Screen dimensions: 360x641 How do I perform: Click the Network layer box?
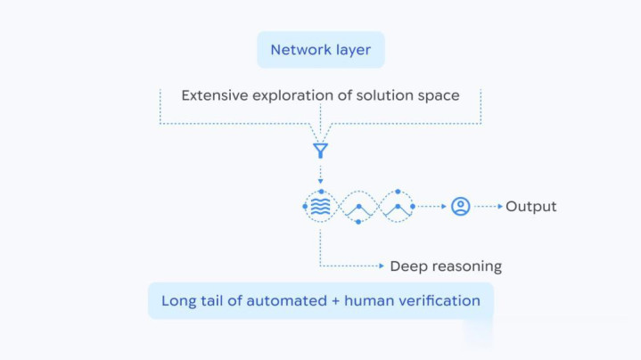[321, 50]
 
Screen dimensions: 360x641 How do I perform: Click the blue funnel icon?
[320, 151]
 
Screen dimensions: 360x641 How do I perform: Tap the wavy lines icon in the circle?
[320, 207]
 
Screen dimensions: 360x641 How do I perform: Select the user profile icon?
[460, 207]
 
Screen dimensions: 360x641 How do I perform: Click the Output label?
[531, 207]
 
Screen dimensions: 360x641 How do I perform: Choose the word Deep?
[407, 266]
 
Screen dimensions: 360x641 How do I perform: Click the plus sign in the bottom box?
[335, 301]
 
